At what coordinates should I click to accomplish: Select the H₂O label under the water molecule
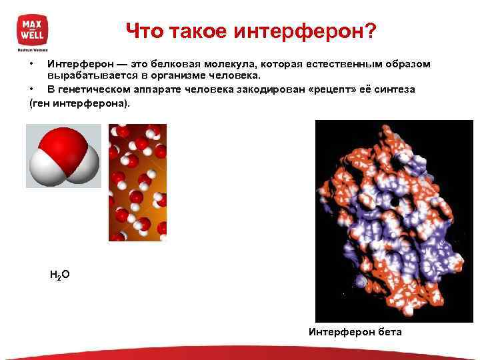click(59, 274)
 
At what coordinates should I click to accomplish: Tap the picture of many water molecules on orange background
click(137, 182)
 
